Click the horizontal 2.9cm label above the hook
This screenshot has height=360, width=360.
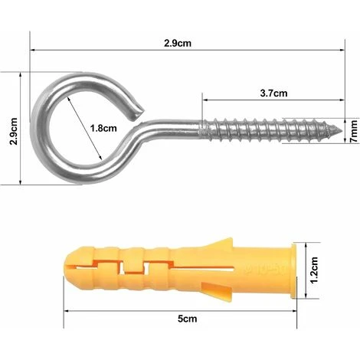coord(178,43)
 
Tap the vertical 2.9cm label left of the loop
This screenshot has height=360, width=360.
coord(13,131)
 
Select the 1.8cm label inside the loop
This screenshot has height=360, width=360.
coord(103,128)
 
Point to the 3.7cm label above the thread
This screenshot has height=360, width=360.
coord(273,93)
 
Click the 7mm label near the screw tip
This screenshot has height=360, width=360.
coord(354,131)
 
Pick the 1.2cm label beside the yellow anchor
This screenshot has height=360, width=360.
coord(314,270)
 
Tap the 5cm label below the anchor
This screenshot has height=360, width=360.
coord(188,319)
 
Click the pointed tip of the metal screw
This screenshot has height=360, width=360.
coord(342,130)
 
